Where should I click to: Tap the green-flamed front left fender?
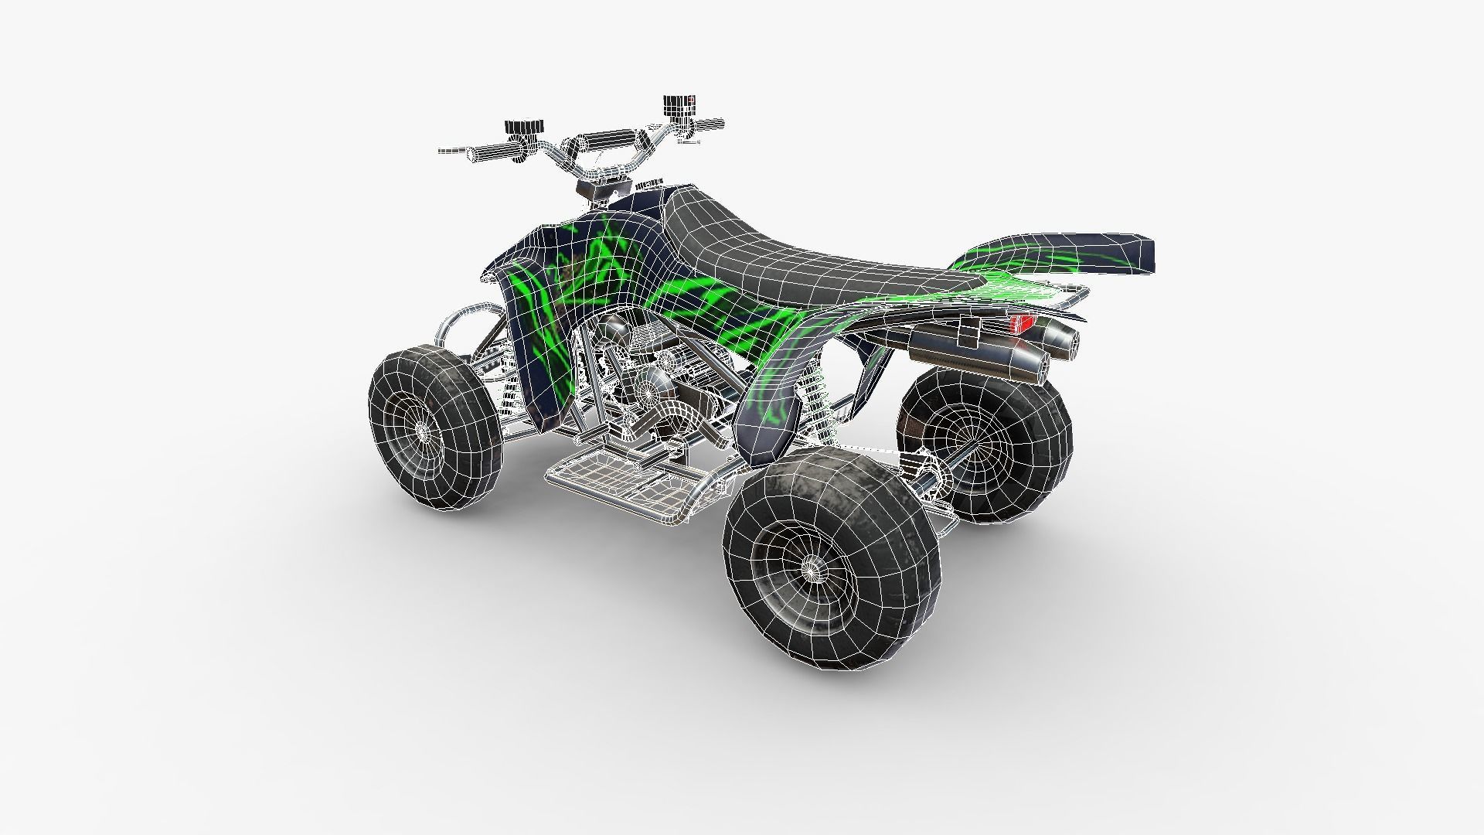coord(533,309)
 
